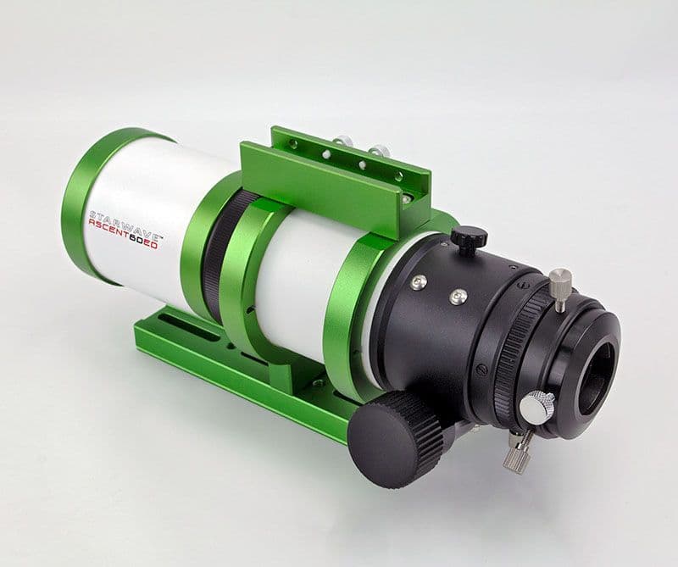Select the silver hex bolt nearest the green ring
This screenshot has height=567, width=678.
tap(419, 281)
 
